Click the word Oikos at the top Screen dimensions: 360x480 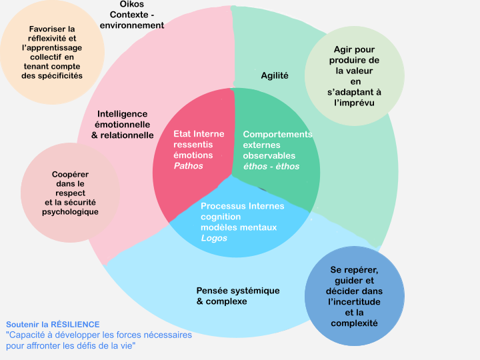pyautogui.click(x=131, y=5)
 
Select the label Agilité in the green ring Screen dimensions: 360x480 pyautogui.click(x=275, y=75)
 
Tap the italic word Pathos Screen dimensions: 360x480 pyautogui.click(x=188, y=166)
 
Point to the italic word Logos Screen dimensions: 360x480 pyautogui.click(x=214, y=238)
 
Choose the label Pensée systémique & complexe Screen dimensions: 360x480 pyautogui.click(x=238, y=296)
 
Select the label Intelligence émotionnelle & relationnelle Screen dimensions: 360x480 pyautogui.click(x=123, y=125)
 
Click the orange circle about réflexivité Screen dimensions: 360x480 pyautogui.click(x=53, y=53)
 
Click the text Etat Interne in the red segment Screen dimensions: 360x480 pyautogui.click(x=199, y=134)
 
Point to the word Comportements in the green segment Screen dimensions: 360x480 pyautogui.click(x=277, y=134)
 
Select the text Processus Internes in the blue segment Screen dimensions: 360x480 pyautogui.click(x=242, y=206)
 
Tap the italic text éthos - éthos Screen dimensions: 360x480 pyautogui.click(x=271, y=166)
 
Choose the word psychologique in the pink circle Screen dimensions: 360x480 pyautogui.click(x=70, y=212)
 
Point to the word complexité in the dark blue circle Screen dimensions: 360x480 pyautogui.click(x=354, y=323)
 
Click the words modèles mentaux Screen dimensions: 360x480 pyautogui.click(x=239, y=227)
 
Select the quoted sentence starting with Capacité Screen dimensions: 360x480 pyautogui.click(x=99, y=340)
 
